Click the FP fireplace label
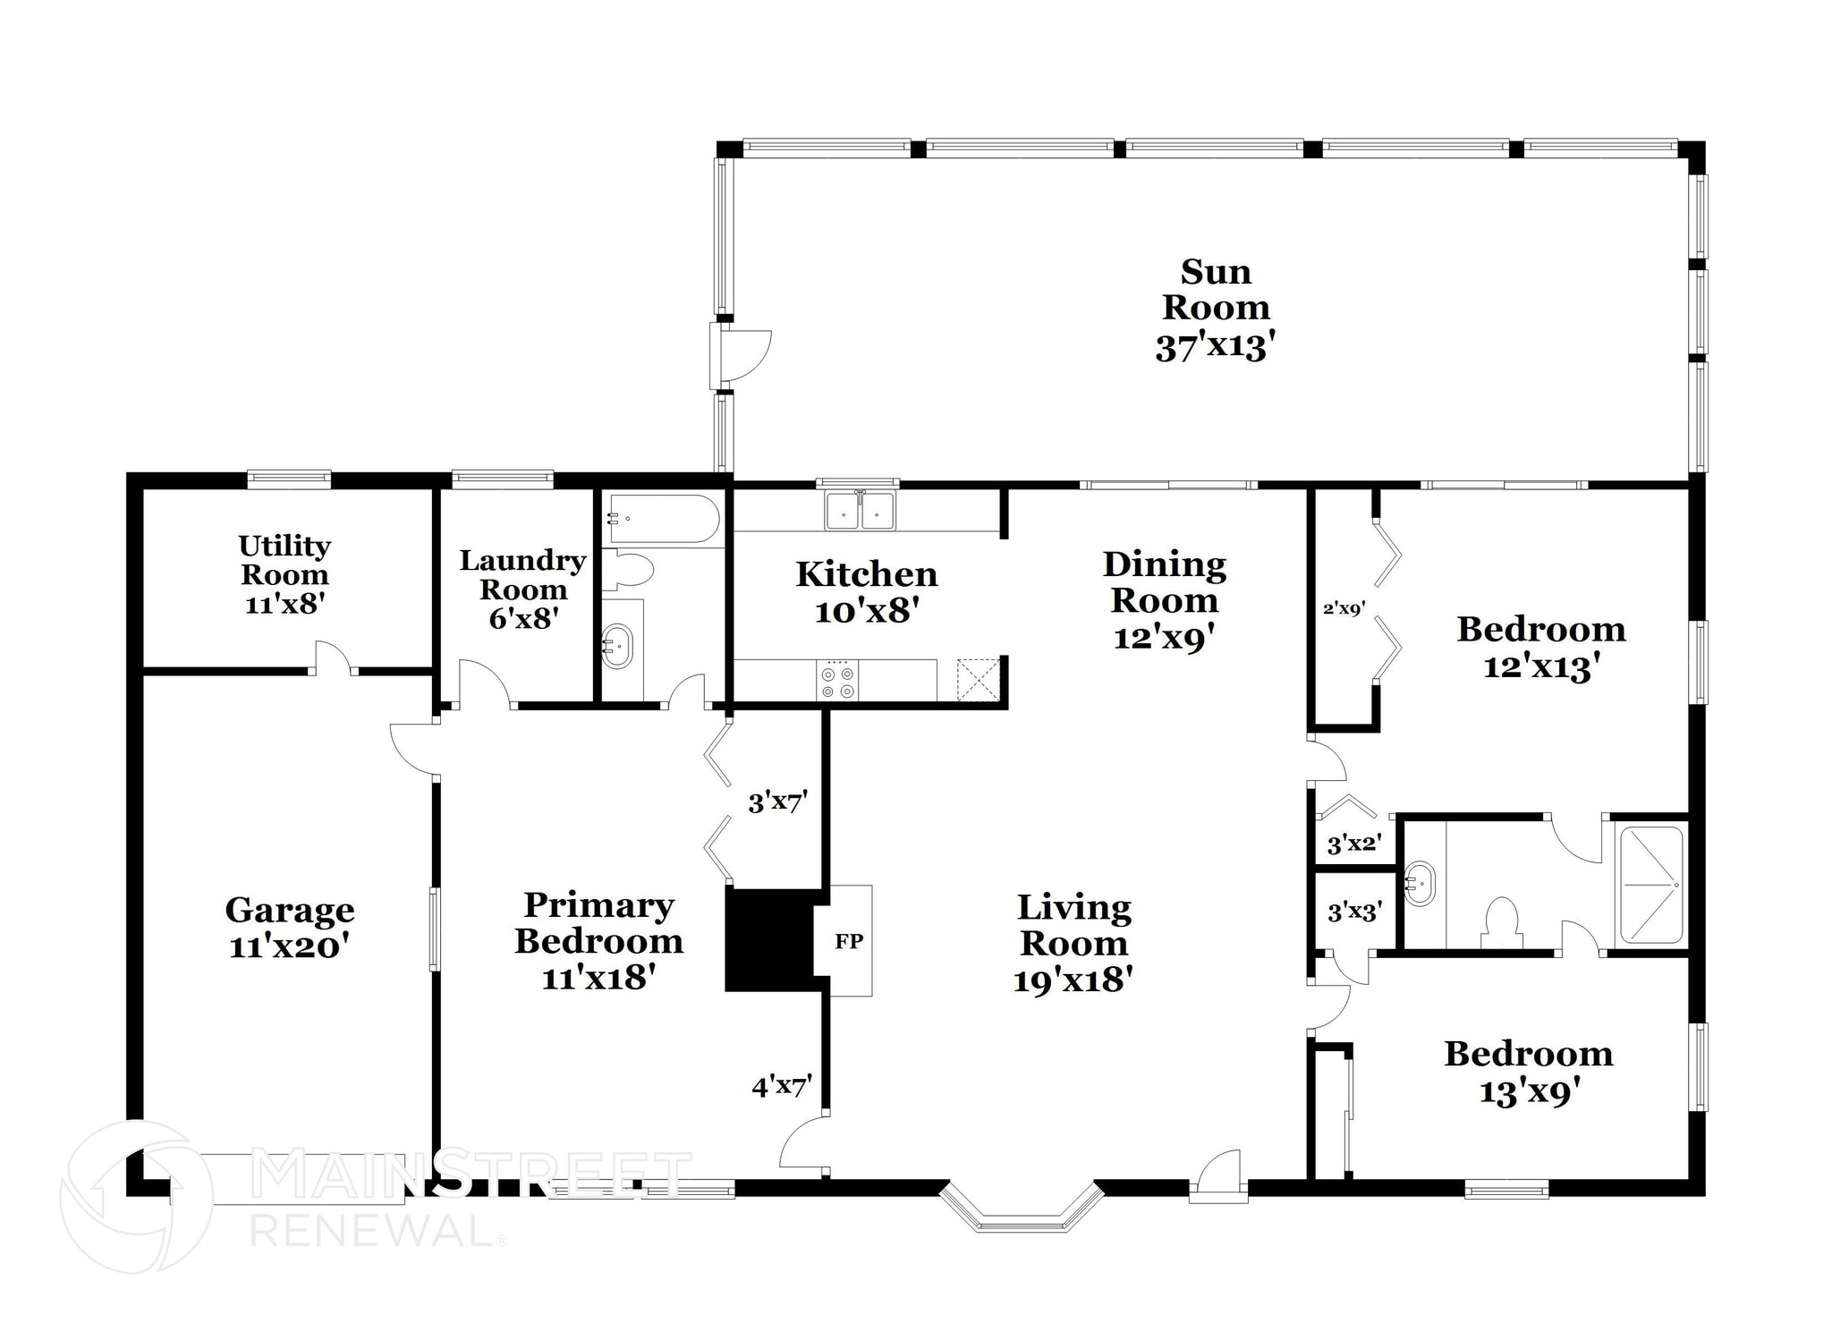[x=849, y=941]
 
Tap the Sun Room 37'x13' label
[x=1215, y=309]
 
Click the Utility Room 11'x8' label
[x=284, y=574]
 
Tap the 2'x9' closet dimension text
[x=1344, y=609]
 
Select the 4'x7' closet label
[x=781, y=1087]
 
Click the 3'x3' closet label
[x=1354, y=912]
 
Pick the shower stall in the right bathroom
[x=1651, y=885]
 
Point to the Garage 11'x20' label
[x=289, y=928]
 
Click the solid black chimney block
[x=768, y=939]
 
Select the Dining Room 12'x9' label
[x=1164, y=600]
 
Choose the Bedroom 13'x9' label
[x=1528, y=1073]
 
